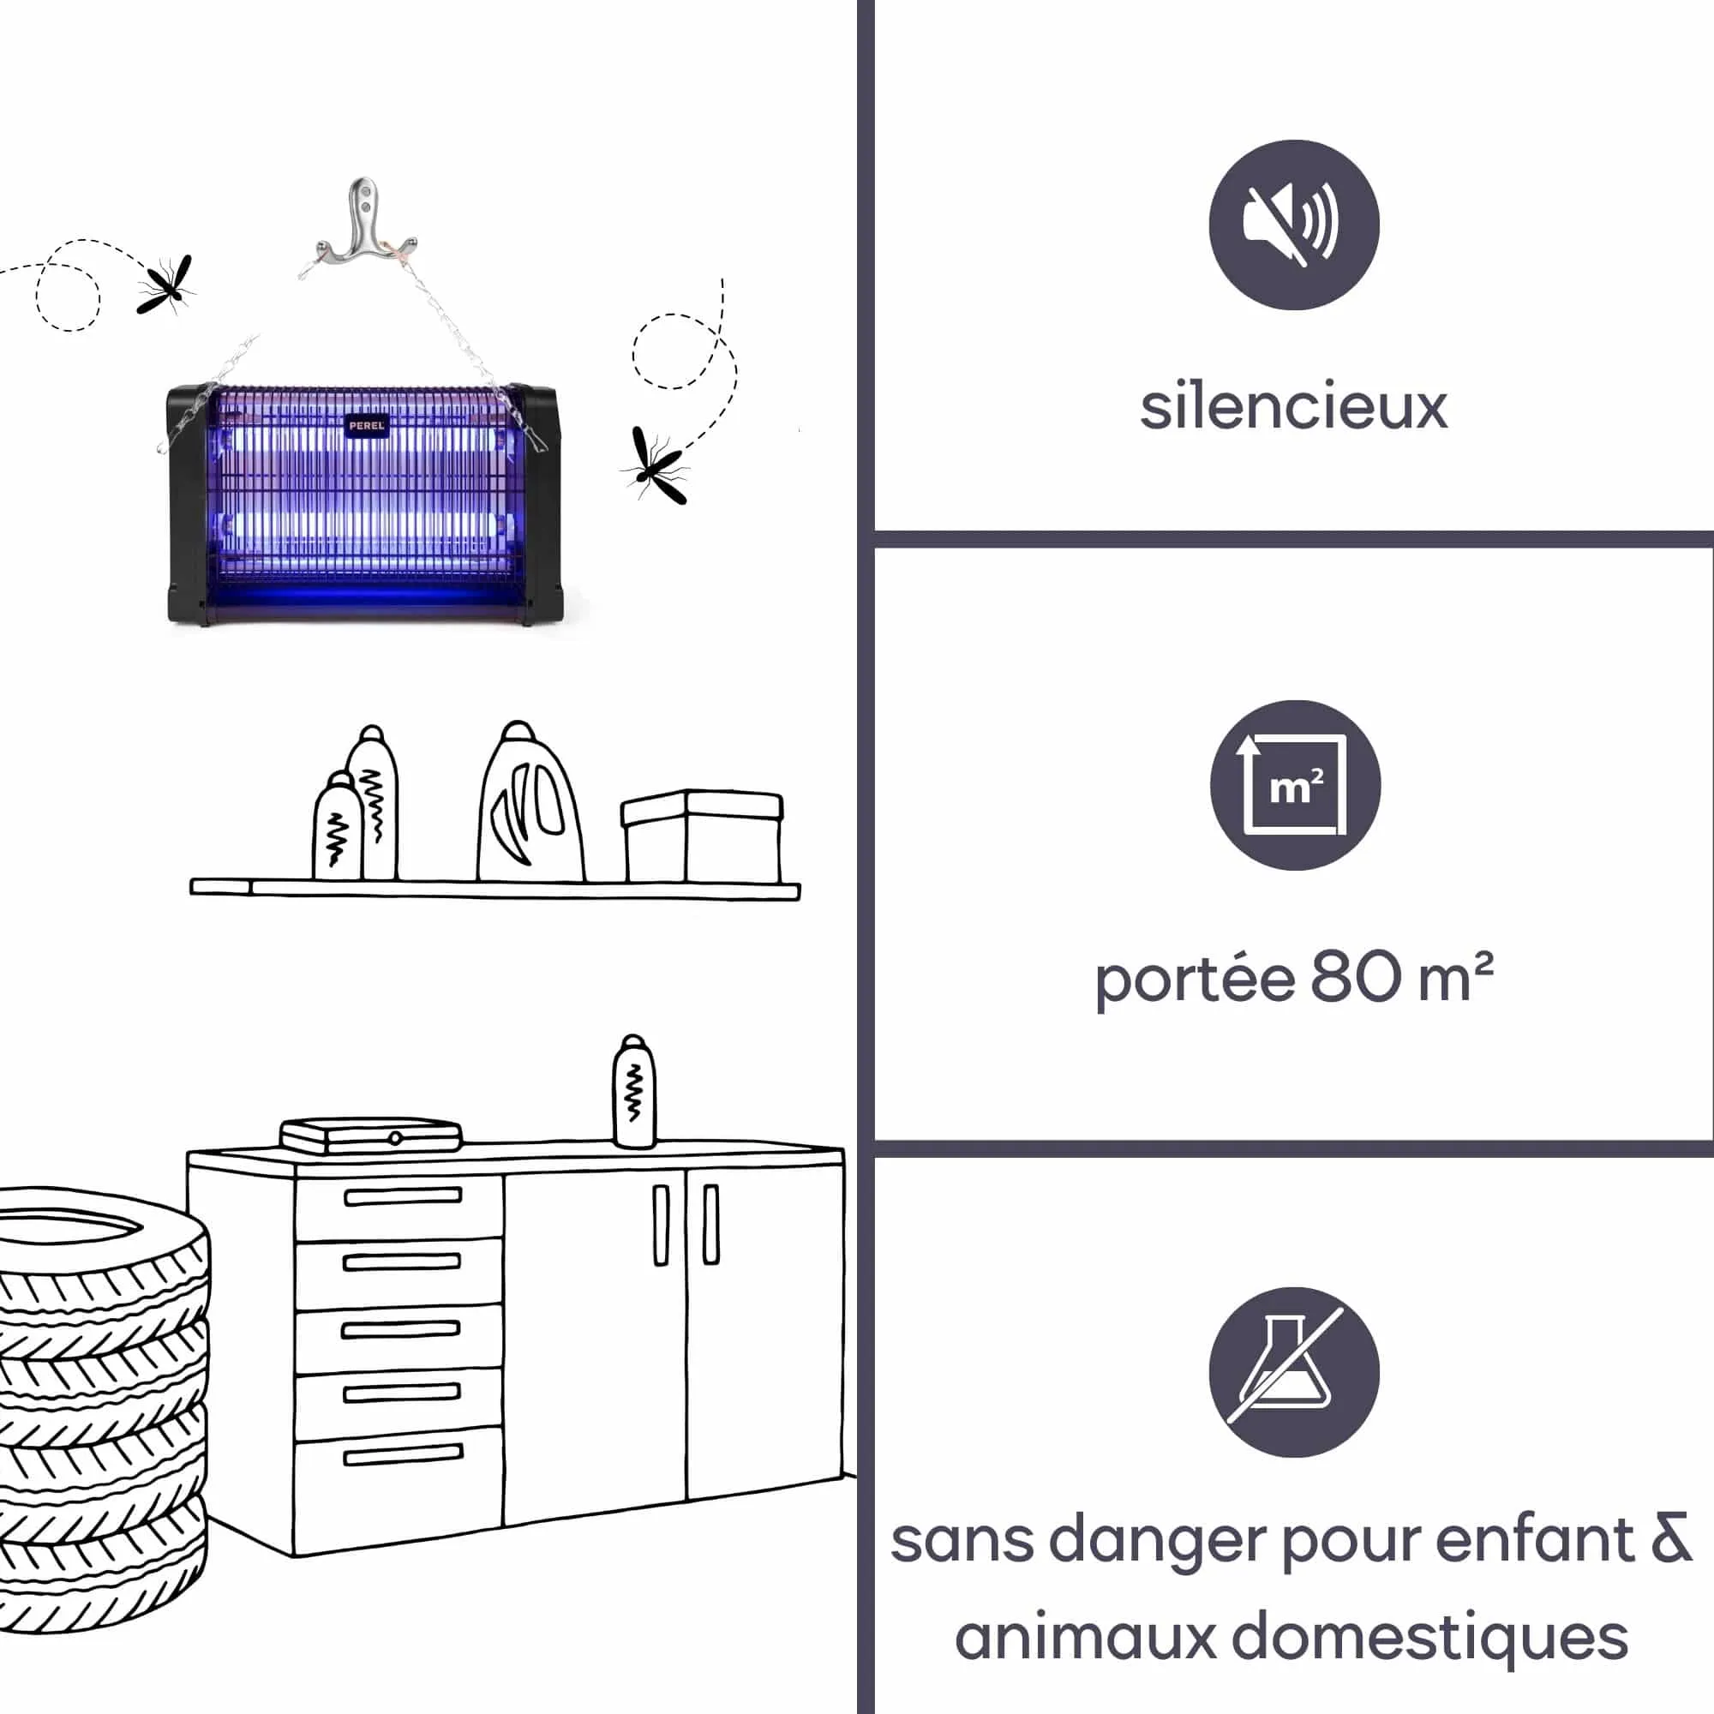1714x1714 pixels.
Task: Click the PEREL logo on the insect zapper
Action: point(367,425)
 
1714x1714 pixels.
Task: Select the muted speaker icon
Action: point(1293,225)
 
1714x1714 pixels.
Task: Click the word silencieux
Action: point(1293,407)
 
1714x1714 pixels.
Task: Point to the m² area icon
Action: point(1294,785)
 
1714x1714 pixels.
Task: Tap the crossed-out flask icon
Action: point(1293,1371)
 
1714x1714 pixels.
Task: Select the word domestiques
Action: point(1430,1637)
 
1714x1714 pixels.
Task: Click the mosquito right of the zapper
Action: point(656,464)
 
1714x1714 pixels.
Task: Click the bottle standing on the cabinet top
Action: point(634,1092)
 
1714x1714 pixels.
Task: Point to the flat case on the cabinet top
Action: point(371,1136)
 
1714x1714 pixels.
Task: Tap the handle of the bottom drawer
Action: point(404,1455)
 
